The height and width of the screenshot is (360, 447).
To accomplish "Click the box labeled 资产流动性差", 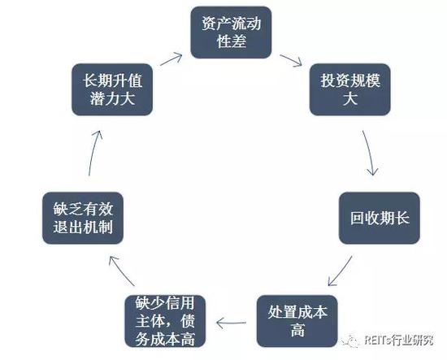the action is [x=231, y=33].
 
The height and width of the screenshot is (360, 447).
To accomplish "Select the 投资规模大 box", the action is [x=349, y=89].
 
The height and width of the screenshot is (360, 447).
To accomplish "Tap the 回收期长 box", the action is [x=380, y=218].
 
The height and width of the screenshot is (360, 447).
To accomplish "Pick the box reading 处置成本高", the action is [x=297, y=321].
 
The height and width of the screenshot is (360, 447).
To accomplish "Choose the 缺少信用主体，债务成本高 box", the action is [x=165, y=321].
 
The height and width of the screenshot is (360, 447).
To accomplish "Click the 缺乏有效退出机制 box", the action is [x=83, y=218].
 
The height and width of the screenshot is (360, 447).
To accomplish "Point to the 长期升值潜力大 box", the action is [x=112, y=89].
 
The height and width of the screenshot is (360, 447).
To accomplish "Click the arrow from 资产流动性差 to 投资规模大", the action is [x=291, y=60].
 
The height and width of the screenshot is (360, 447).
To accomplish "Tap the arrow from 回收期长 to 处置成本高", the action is [x=340, y=271].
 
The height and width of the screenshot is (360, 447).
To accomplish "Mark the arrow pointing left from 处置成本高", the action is [x=231, y=323].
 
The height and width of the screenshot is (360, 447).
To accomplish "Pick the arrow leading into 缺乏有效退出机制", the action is [x=121, y=271].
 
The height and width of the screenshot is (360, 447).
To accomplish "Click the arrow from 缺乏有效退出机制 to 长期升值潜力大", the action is [x=94, y=153].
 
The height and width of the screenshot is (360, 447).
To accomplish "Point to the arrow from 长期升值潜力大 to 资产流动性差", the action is [x=171, y=59].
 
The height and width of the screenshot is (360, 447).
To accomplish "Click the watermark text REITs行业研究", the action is [x=399, y=340].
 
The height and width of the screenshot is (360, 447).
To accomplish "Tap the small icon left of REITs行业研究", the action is [x=350, y=340].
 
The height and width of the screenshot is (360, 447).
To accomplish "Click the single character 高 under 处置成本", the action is [x=297, y=331].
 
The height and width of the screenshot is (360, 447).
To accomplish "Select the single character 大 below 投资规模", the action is [x=349, y=99].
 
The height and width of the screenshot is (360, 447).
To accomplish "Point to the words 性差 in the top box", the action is [x=231, y=41].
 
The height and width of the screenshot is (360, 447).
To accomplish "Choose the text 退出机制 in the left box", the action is [x=83, y=228].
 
